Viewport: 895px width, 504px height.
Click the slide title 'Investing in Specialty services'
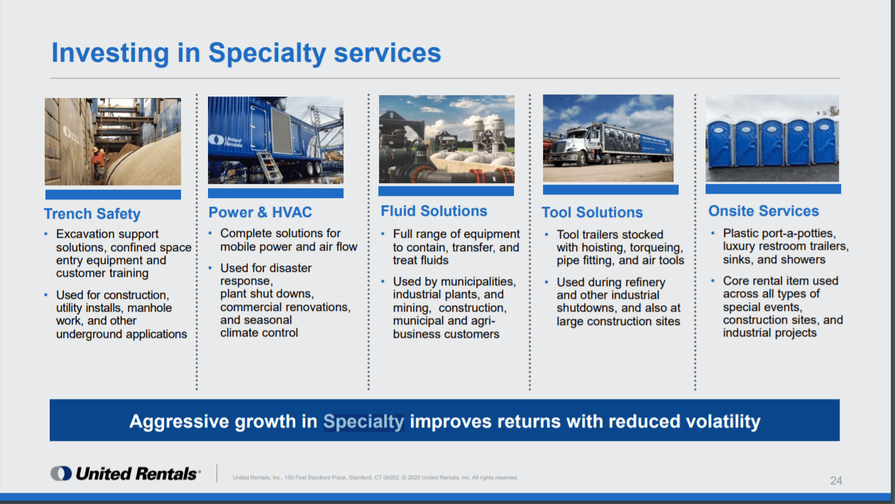[x=246, y=53]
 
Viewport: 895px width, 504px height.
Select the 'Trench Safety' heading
[x=92, y=214]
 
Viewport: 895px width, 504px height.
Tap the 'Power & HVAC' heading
[x=260, y=212]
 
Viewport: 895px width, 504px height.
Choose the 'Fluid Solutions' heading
[x=434, y=211]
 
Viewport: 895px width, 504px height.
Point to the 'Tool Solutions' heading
[x=592, y=212]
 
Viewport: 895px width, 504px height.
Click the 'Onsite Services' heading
[x=764, y=211]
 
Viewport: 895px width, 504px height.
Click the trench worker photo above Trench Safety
[x=113, y=141]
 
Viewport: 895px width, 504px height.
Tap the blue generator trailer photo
[x=275, y=140]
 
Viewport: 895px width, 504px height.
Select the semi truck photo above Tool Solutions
[x=608, y=138]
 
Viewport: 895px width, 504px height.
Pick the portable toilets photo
[x=772, y=138]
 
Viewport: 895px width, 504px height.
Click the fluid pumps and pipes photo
[x=446, y=139]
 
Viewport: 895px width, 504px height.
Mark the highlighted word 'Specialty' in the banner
[x=363, y=421]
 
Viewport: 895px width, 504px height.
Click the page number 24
[x=836, y=481]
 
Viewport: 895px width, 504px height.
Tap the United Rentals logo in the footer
[x=125, y=473]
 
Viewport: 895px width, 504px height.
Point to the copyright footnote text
[x=375, y=478]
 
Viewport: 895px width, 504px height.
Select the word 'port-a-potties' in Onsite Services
[x=798, y=234]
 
